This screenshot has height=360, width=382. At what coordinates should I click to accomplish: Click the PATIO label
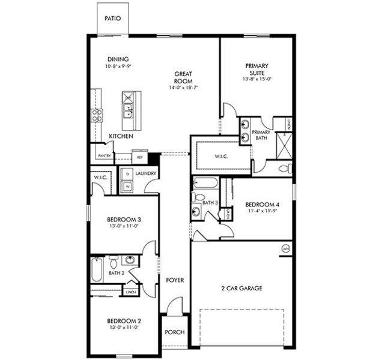(x=112, y=18)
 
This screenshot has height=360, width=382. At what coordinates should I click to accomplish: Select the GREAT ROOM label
(x=183, y=77)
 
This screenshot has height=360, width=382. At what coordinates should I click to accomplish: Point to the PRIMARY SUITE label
(x=256, y=69)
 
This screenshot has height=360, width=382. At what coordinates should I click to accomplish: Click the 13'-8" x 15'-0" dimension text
(x=257, y=79)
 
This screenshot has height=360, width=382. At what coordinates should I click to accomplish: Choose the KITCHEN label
(x=121, y=136)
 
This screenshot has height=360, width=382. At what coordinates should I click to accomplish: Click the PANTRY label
(x=105, y=155)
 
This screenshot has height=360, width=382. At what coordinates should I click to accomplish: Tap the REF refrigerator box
(x=140, y=157)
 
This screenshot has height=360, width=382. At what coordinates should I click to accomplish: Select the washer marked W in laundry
(x=127, y=187)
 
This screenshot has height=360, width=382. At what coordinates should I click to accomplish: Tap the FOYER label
(x=175, y=280)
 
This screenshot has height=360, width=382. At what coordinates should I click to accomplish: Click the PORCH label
(x=175, y=332)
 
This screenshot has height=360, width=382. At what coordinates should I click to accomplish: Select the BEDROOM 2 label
(x=124, y=320)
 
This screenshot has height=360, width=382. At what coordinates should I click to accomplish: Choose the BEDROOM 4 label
(x=263, y=205)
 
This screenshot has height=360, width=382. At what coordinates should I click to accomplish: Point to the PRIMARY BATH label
(x=261, y=135)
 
